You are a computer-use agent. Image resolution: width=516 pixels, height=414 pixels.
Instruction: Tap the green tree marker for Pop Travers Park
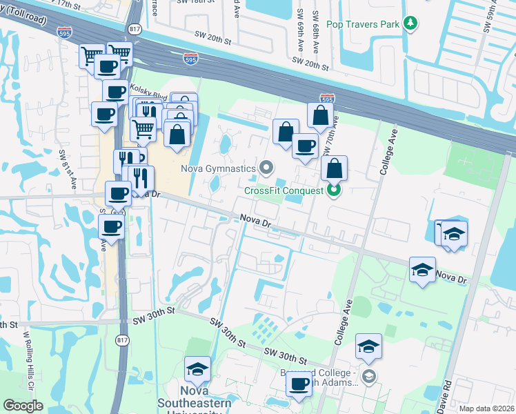[411, 24]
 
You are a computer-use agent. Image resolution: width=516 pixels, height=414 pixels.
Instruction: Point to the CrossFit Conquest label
[284, 190]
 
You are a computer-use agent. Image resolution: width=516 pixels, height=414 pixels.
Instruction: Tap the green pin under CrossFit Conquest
[334, 190]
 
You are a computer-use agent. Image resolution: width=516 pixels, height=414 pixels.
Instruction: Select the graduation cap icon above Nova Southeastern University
[198, 368]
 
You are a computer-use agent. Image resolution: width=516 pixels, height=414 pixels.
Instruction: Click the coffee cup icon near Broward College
[299, 384]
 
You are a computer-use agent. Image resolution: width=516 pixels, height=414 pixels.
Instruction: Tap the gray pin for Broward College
[369, 375]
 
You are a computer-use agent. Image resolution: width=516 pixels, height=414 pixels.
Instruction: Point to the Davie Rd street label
[445, 393]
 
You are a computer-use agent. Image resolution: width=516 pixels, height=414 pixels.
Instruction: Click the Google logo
[23, 406]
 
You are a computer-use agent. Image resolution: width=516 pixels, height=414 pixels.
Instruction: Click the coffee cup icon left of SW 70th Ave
[305, 146]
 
